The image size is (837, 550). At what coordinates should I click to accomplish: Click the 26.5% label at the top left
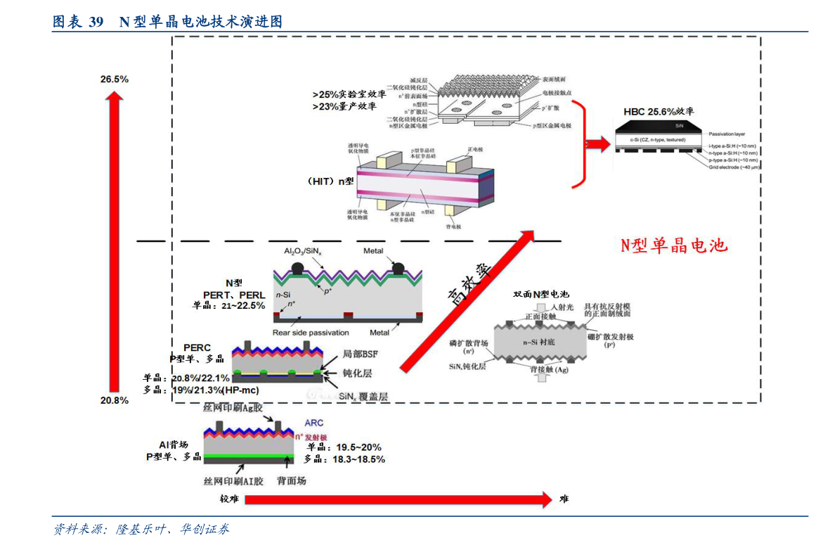114,79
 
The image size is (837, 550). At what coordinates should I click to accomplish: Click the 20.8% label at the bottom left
114,400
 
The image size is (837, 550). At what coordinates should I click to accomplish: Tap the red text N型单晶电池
673,245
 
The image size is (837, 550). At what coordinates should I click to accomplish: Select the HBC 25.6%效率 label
658,111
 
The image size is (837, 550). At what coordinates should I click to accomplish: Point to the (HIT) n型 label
330,181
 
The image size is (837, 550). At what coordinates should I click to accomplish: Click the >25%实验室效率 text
349,94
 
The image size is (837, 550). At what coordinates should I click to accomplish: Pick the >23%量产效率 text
344,107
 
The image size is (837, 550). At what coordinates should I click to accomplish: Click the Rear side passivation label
310,333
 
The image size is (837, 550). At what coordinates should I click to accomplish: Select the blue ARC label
313,423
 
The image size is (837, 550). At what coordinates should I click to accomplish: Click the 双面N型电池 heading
541,294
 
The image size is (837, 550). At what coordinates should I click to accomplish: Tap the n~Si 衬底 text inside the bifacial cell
538,342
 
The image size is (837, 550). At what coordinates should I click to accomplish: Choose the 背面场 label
291,481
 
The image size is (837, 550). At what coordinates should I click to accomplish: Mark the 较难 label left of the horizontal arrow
229,499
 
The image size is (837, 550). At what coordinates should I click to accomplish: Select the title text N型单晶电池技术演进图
200,22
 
